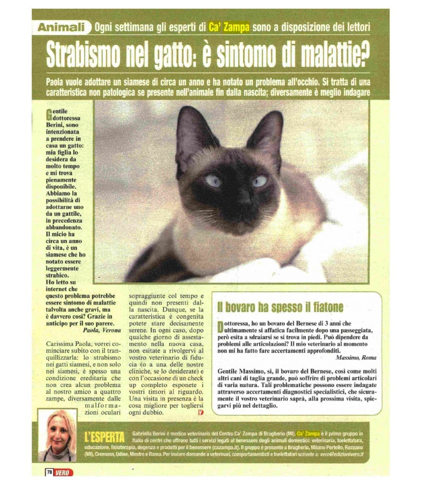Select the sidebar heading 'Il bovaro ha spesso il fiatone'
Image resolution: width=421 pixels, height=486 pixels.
(280, 307)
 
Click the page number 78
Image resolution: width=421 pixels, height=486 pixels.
(48, 472)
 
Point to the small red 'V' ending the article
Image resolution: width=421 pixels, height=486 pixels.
(201, 412)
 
